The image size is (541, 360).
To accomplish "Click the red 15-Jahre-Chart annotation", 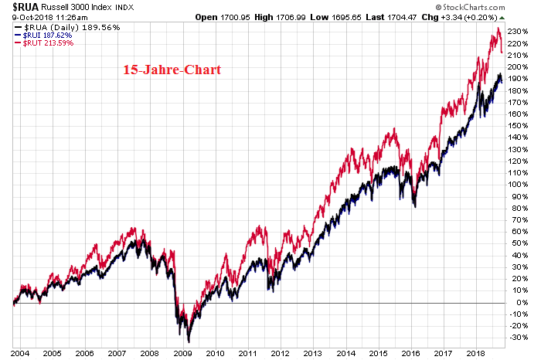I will point(172,70).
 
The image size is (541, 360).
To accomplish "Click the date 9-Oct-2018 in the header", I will point(23,17).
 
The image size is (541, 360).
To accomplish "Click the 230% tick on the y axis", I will point(519,32).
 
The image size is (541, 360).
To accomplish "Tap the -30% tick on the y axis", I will point(519,336).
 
